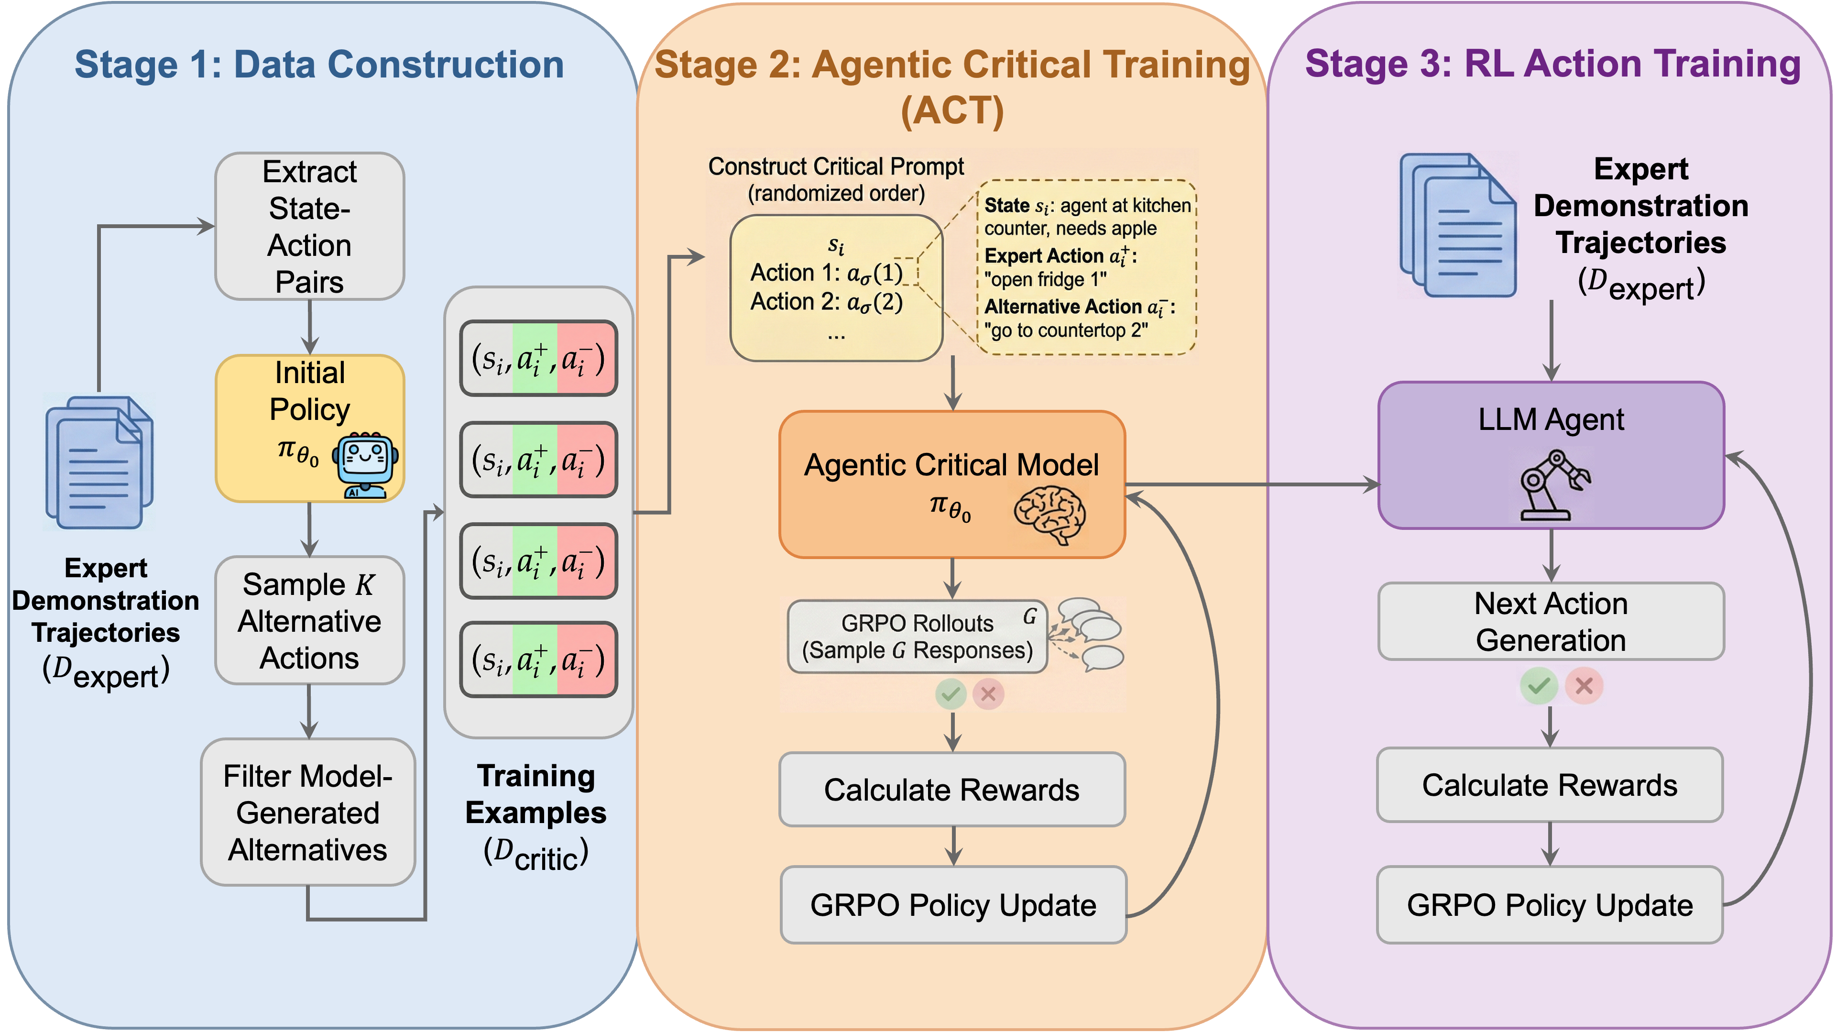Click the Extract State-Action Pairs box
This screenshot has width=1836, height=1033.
[309, 226]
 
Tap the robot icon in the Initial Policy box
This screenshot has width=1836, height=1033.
[365, 464]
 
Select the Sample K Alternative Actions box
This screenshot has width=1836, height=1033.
[309, 620]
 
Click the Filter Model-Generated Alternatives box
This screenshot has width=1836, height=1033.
[308, 812]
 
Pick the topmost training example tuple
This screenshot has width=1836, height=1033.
[538, 358]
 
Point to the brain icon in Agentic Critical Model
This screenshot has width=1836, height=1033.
[1049, 515]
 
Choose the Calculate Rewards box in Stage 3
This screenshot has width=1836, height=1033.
[1550, 784]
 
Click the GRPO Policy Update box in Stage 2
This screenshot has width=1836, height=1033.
[953, 905]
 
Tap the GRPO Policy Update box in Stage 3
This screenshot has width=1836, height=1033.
[1550, 905]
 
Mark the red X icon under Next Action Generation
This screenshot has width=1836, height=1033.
[1584, 686]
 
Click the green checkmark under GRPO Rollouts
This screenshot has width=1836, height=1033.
[951, 693]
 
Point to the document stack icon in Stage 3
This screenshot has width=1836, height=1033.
[1457, 226]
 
